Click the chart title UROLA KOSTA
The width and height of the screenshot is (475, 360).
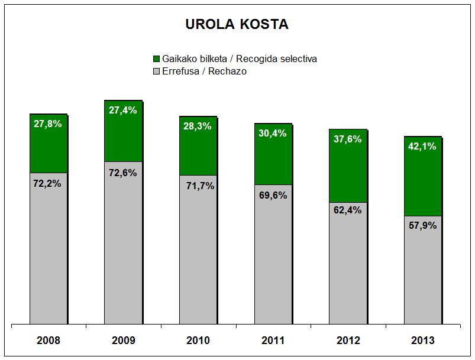tap(237, 25)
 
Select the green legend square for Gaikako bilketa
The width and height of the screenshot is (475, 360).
tap(157, 59)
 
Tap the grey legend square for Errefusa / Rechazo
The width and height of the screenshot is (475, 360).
tap(157, 72)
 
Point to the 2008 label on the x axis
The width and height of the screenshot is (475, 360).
tap(48, 340)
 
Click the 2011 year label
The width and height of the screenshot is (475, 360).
tap(273, 340)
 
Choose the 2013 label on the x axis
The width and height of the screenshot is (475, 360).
tap(422, 340)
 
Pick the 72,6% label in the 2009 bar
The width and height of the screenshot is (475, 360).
tap(122, 173)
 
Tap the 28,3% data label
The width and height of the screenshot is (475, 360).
tap(198, 126)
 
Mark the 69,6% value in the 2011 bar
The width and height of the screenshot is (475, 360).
tap(273, 195)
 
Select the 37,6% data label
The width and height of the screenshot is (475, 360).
tap(348, 139)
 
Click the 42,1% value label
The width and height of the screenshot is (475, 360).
tap(422, 147)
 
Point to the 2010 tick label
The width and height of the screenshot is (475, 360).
tap(198, 340)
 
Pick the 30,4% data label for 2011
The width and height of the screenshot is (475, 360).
tap(273, 133)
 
